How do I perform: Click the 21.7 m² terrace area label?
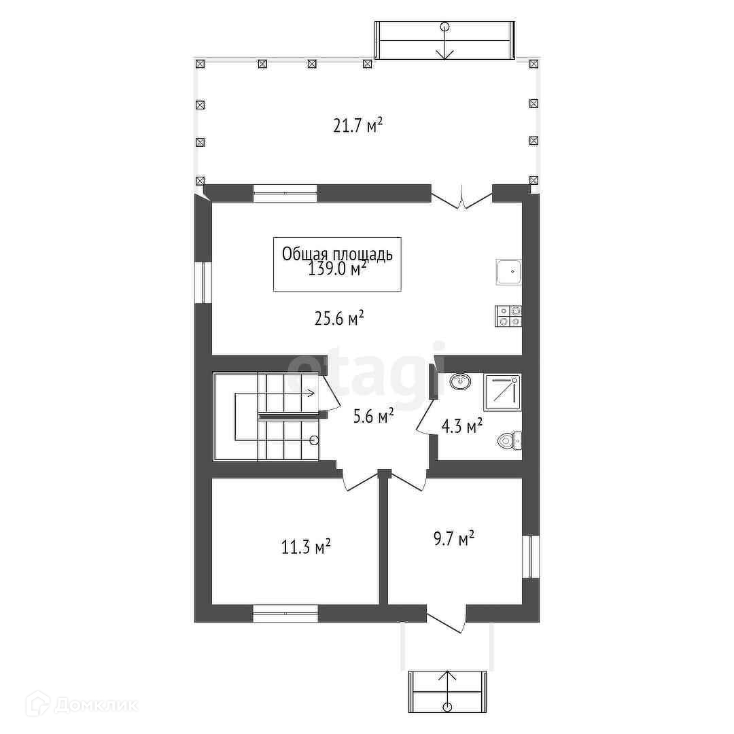(358, 126)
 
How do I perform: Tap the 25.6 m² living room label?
(339, 318)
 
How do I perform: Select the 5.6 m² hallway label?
(372, 416)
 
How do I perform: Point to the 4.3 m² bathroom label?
(462, 426)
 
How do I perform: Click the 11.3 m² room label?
(306, 546)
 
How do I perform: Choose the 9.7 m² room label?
(453, 538)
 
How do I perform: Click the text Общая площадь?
(337, 254)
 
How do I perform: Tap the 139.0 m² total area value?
(337, 269)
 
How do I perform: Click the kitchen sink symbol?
(508, 271)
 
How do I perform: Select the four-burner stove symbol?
(508, 316)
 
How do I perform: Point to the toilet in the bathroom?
(509, 440)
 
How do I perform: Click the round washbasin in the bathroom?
(461, 381)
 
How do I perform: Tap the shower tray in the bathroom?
(502, 392)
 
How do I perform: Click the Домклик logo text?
(96, 705)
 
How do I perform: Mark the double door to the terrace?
(461, 198)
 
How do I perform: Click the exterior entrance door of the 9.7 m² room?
(447, 619)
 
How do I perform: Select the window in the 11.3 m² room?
(285, 613)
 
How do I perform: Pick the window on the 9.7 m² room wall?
(531, 557)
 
